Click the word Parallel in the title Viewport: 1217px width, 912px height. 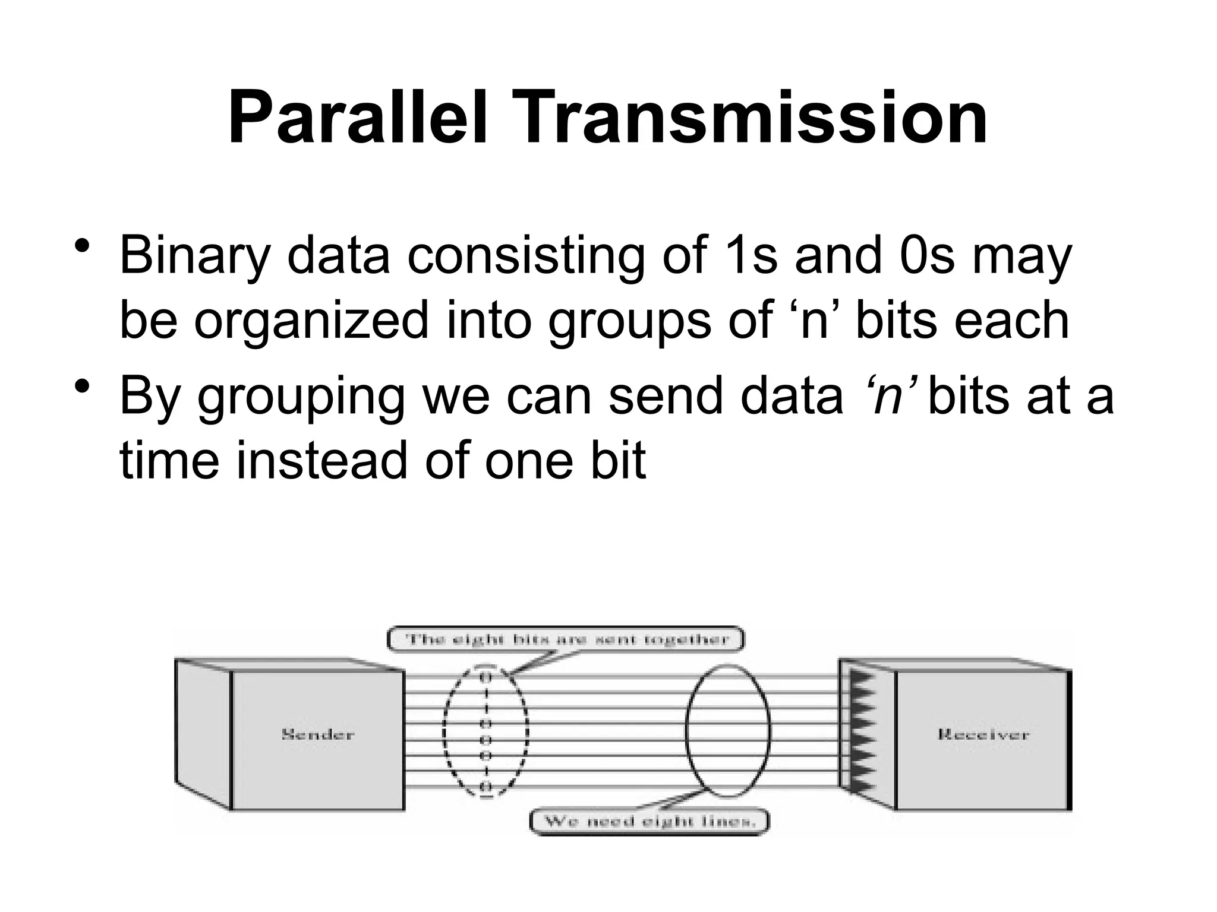coord(358,118)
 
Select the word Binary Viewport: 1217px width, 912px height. coord(195,256)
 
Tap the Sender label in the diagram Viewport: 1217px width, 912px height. coord(317,734)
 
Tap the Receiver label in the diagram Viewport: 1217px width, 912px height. coord(983,734)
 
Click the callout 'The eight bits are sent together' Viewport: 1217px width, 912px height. coord(566,639)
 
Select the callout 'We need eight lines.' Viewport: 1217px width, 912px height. coord(650,822)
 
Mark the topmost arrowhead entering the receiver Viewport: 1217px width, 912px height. coord(863,677)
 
